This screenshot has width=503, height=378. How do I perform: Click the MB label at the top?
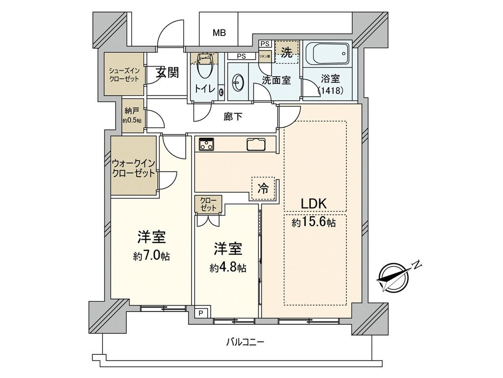pos(219,33)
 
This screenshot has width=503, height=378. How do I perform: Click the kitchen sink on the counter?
pos(256,145)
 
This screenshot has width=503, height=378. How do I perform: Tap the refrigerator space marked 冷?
pos(263,188)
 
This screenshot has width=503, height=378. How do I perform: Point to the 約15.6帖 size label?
pos(313,223)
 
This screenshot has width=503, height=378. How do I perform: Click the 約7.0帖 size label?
pos(151,256)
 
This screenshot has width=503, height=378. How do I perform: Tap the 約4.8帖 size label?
pos(227,268)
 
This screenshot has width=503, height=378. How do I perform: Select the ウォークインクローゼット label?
pos(134,168)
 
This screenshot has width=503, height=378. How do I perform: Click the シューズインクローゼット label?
pos(124,74)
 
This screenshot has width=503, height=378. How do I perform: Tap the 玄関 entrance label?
pos(168,73)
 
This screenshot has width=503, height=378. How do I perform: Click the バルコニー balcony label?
pos(245,342)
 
